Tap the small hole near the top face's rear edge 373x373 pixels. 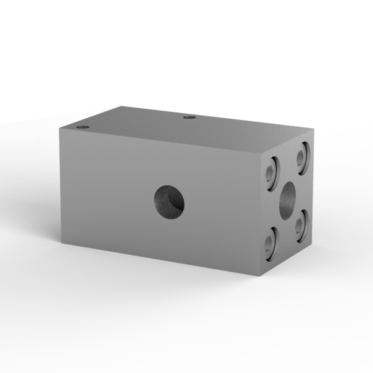pos(190,116)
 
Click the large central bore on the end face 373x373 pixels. pos(288,199)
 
